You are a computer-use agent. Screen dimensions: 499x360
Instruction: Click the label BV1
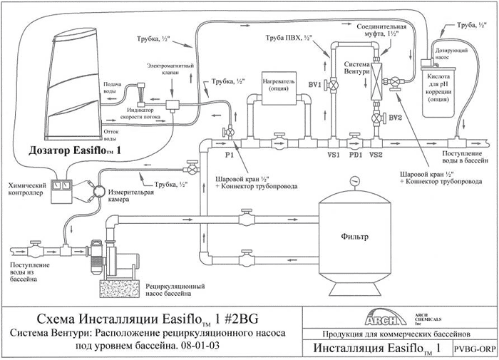pos(315,85)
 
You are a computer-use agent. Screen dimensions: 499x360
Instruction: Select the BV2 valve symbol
pos(377,118)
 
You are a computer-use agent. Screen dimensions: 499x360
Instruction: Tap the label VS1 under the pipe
pos(334,155)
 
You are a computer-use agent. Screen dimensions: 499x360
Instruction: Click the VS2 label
pos(376,155)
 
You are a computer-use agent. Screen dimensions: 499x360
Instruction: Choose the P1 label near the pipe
pos(229,155)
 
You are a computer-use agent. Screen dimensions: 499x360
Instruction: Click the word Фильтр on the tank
pos(354,237)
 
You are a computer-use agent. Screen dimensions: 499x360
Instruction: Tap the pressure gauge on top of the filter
pos(354,182)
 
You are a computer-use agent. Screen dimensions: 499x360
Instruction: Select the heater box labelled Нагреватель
pos(279,88)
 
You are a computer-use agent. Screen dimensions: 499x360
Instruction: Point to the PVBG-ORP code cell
pos(475,349)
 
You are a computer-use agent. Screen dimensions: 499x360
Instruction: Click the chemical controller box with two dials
pos(62,191)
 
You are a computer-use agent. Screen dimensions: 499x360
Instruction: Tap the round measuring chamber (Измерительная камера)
pos(98,191)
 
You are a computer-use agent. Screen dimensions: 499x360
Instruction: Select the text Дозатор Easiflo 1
pos(75,150)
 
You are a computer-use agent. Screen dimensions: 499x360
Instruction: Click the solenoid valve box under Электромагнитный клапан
pos(173,105)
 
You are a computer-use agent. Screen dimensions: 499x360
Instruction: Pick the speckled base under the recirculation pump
pos(120,289)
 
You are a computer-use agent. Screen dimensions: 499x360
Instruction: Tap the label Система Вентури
pos(356,68)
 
